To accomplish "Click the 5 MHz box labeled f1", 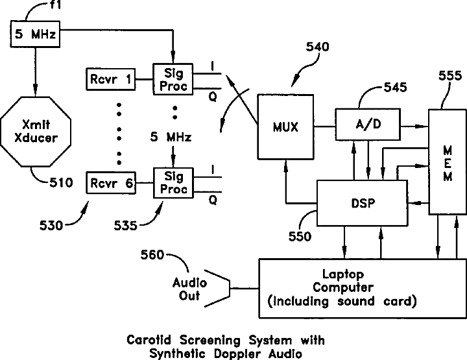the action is (35, 34).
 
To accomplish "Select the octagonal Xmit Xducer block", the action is (36, 131).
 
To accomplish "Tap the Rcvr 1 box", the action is (111, 79).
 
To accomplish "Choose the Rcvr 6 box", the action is (111, 183).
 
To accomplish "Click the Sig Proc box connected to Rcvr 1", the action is (173, 79).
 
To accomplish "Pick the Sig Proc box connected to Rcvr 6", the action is (173, 183).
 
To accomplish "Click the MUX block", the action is (285, 127).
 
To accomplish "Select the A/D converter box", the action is (368, 124).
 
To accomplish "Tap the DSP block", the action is (362, 203).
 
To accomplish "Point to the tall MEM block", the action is (448, 162).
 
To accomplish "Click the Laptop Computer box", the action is (363, 288).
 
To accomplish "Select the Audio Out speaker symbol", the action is (217, 288).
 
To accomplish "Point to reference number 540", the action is (318, 47).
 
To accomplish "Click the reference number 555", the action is (450, 76).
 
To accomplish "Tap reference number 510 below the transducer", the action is (61, 182).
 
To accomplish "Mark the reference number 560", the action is (152, 255).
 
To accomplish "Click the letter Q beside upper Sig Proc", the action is (213, 97).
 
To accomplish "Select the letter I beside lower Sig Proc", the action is (213, 170).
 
